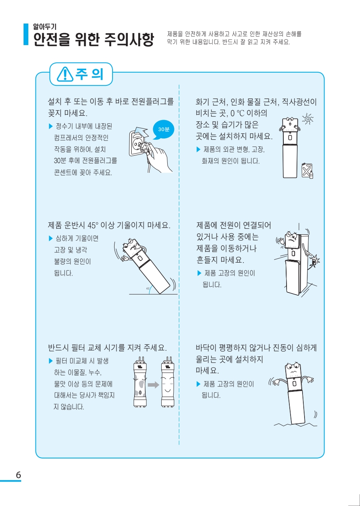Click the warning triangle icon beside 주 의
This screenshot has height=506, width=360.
pyautogui.click(x=65, y=74)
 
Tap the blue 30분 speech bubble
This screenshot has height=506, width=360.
pyautogui.click(x=163, y=129)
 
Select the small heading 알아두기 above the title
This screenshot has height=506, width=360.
pyautogui.click(x=45, y=27)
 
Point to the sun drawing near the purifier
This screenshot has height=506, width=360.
pyautogui.click(x=308, y=119)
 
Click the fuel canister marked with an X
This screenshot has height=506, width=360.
pyautogui.click(x=307, y=170)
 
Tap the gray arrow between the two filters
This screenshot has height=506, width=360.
pyautogui.click(x=153, y=385)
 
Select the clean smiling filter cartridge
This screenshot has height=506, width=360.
pyautogui.click(x=168, y=382)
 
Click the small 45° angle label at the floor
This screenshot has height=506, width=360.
pyautogui.click(x=148, y=289)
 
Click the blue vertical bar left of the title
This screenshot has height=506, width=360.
pyautogui.click(x=26, y=34)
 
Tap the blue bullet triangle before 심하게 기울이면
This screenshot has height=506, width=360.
pyautogui.click(x=51, y=238)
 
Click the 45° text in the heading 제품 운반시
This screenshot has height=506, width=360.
pyautogui.click(x=93, y=225)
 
